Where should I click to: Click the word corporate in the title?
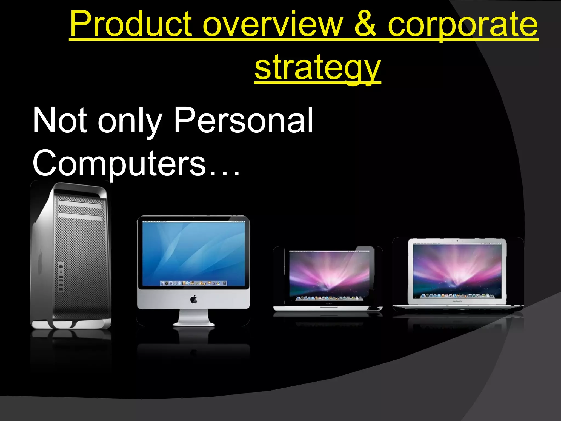[463, 25]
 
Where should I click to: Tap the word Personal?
[244, 120]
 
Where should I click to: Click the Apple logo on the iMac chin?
[194, 299]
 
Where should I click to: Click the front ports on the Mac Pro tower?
[61, 277]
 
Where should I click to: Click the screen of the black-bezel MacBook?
[329, 274]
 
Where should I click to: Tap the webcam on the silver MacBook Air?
[457, 241]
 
